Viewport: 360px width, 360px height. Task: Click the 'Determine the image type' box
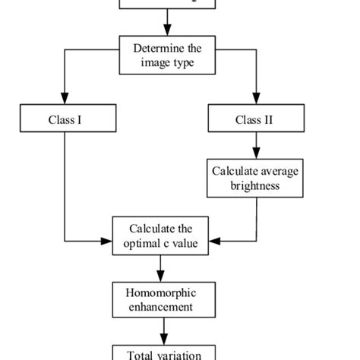[163, 55]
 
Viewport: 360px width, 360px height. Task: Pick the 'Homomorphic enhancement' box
[162, 299]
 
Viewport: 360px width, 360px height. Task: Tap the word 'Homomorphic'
[162, 292]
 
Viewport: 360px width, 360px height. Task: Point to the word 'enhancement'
[162, 306]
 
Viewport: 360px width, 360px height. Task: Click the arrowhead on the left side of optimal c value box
[107, 242]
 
